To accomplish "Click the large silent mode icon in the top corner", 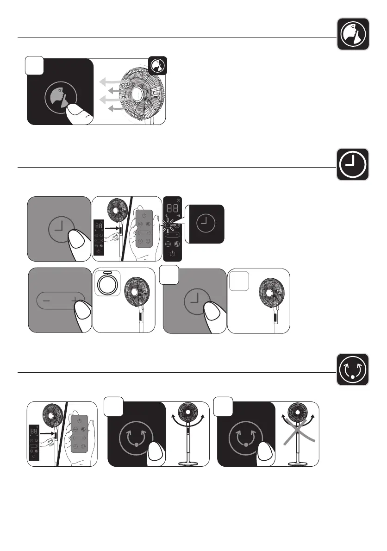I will (x=353, y=34).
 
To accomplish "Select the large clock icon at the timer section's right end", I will (x=353, y=164).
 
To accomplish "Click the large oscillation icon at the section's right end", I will (x=353, y=369).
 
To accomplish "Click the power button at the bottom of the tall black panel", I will (x=172, y=254).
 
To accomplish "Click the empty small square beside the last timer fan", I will (x=239, y=281).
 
